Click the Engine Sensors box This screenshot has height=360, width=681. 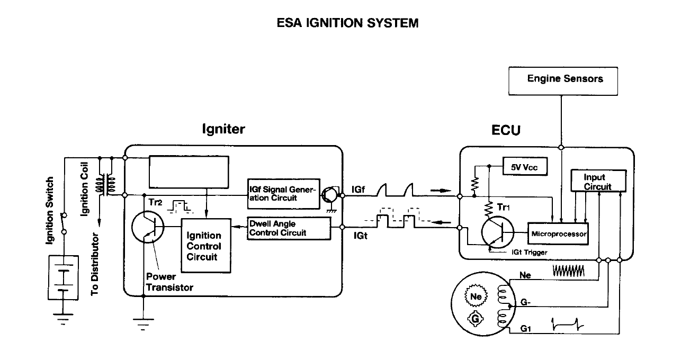point(565,79)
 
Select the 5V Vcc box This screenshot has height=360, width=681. point(524,167)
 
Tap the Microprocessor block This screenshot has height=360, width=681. point(559,233)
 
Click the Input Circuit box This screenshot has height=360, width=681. point(598,182)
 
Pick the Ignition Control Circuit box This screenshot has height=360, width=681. point(204,246)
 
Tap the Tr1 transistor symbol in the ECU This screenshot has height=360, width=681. point(497,231)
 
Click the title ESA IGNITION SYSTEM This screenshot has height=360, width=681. point(347,23)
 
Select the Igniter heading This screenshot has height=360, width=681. point(223,129)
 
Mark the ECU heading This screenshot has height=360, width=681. point(506,130)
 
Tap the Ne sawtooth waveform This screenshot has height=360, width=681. point(568,272)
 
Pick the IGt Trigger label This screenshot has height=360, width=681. point(529,253)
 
